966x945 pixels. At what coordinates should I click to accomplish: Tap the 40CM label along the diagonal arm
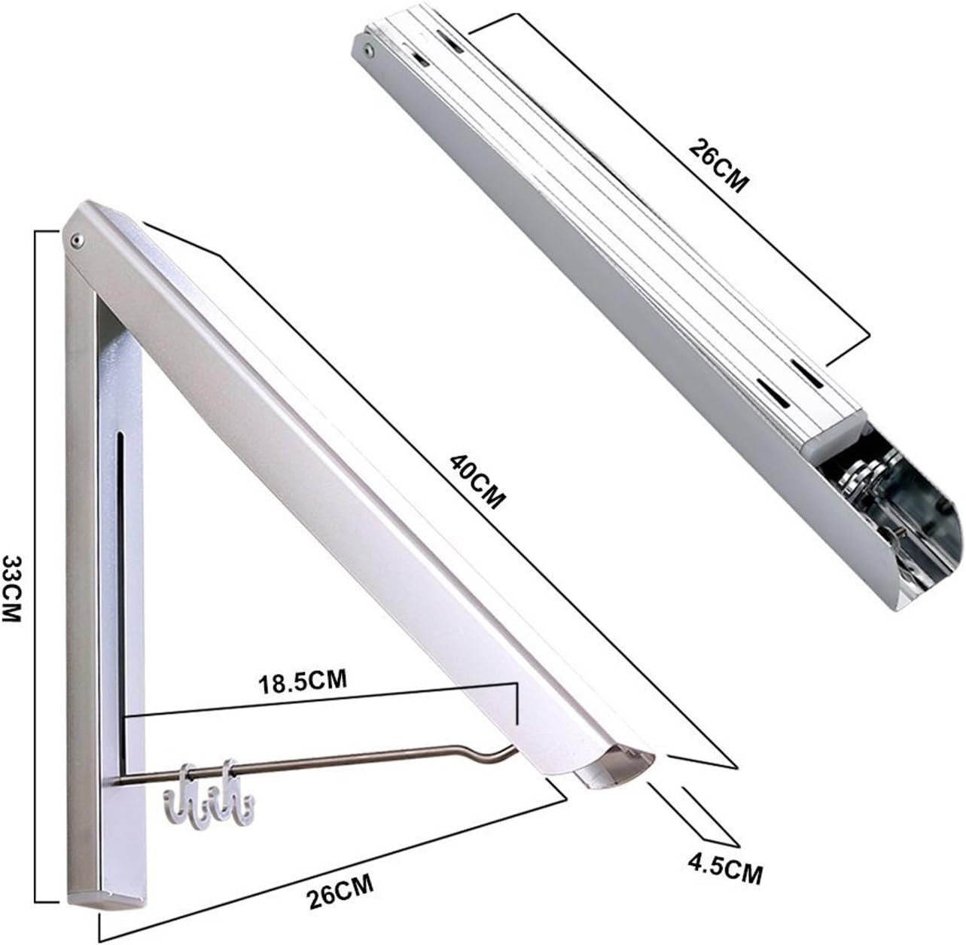[x=476, y=480]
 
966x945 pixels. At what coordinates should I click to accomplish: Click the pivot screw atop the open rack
[x=76, y=239]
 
